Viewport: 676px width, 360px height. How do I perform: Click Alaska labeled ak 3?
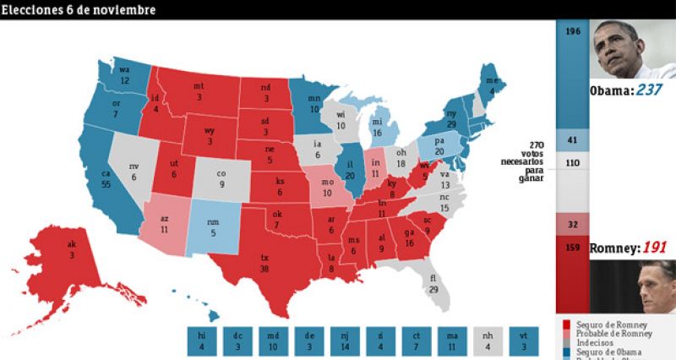(x=71, y=249)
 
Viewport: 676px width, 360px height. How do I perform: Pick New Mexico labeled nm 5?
(x=212, y=227)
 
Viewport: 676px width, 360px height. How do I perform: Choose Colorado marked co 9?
(x=222, y=178)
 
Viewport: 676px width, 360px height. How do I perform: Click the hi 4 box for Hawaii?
(x=201, y=341)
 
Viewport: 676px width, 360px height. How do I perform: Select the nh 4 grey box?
(x=489, y=341)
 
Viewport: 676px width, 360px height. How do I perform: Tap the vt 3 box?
(x=525, y=341)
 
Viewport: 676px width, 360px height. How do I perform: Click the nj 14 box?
(x=345, y=341)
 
